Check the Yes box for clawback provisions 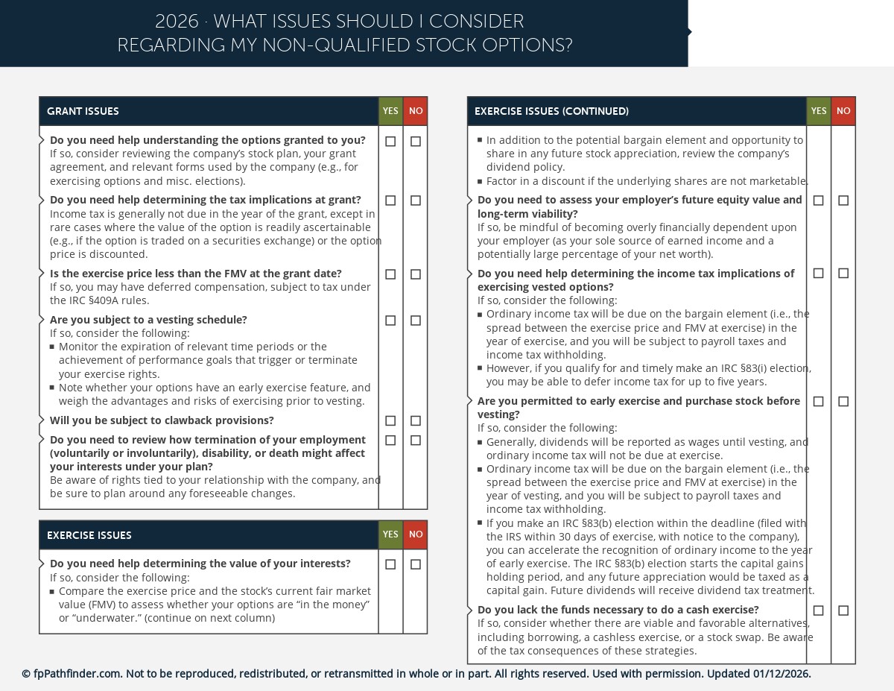390,421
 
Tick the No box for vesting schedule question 416,321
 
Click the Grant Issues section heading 83,111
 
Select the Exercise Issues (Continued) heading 551,111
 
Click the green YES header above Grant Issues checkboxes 390,111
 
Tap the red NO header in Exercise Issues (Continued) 843,111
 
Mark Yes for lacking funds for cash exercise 819,610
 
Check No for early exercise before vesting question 843,402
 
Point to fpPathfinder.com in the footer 77,674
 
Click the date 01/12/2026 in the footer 781,674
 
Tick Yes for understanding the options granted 390,142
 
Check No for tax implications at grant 416,201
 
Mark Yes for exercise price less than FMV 390,274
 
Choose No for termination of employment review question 416,441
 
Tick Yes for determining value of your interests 390,564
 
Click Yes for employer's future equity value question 819,201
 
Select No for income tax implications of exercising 843,274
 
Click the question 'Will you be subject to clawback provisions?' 162,420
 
